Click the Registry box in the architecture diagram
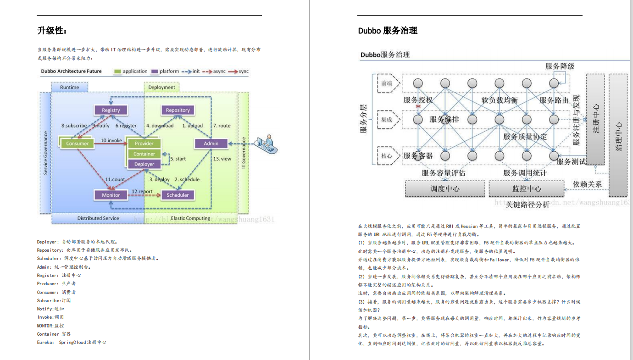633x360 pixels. [x=111, y=110]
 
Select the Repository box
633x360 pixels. [x=178, y=110]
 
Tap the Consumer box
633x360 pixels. [x=77, y=144]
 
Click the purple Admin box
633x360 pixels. [x=211, y=144]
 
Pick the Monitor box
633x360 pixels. [x=111, y=195]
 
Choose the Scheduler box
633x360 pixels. [x=178, y=195]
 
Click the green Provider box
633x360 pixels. [x=144, y=144]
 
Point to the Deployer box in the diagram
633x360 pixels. [x=144, y=164]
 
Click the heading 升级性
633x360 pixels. [x=52, y=31]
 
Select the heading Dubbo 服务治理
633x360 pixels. [x=388, y=31]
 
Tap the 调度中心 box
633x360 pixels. [x=445, y=188]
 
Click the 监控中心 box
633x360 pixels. [x=527, y=188]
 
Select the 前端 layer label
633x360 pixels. [x=387, y=83]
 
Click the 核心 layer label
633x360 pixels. [x=387, y=156]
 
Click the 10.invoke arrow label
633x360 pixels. [x=111, y=140]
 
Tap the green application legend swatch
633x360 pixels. [x=117, y=72]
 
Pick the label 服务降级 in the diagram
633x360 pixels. [x=560, y=66]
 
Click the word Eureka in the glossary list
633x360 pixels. [x=45, y=342]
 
